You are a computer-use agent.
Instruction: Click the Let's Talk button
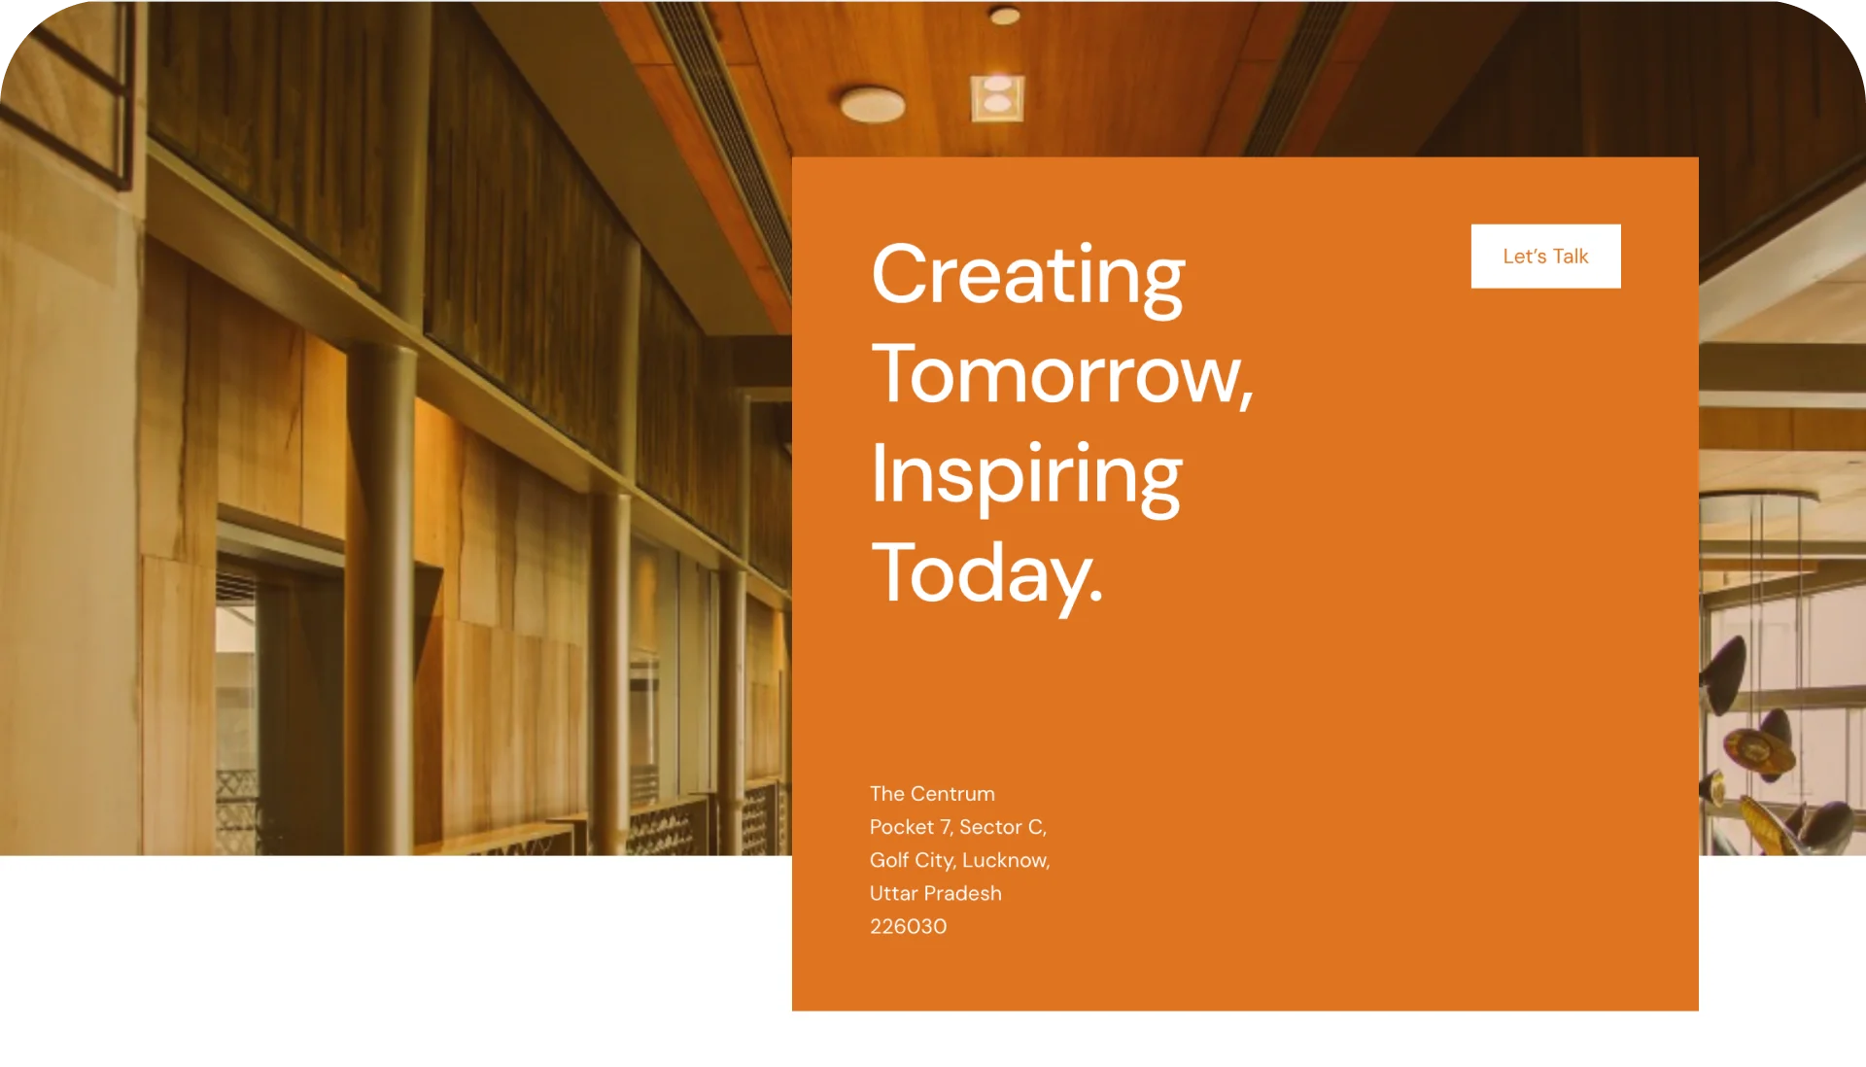pos(1545,257)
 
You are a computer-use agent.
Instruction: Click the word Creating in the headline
pos(1028,278)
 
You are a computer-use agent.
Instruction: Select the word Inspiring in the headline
pos(1026,477)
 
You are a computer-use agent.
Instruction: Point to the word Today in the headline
pos(981,575)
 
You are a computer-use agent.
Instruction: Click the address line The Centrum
pos(932,794)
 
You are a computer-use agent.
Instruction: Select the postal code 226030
pos(908,926)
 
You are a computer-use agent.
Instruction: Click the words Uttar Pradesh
pos(935,893)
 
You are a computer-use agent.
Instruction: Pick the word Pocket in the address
pos(902,827)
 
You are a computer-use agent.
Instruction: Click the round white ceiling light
pos(872,104)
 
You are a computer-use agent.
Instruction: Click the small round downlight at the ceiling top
pos(1004,16)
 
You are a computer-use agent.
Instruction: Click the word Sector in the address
pos(990,827)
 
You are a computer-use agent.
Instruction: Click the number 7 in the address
pos(946,827)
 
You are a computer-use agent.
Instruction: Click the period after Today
pos(1096,595)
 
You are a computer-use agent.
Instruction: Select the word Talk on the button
pos(1571,257)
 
